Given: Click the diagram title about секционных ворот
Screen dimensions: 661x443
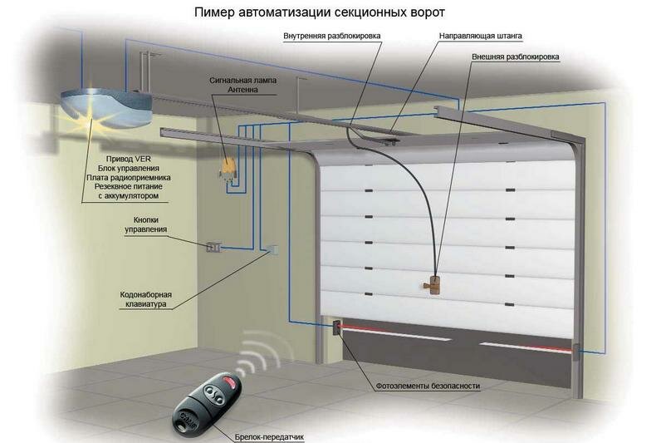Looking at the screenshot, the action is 319,12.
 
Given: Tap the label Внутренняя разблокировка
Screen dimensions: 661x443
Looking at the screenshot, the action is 332,36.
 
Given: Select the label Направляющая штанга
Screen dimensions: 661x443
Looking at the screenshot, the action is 481,36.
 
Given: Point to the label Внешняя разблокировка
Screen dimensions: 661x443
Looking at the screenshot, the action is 516,57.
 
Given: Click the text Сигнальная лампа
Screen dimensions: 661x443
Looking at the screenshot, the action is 242,80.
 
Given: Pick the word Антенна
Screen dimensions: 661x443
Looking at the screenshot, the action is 242,90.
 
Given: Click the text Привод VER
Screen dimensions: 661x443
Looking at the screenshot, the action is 128,159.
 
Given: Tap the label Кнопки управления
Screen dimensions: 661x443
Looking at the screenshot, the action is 146,225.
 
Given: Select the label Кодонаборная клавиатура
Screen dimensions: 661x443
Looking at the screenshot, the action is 146,299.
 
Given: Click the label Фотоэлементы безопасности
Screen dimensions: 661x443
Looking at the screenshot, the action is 428,386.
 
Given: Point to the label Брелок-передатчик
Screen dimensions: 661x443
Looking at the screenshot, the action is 269,437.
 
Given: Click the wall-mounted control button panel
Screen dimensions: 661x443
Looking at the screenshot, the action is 213,247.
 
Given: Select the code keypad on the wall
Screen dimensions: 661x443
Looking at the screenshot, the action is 272,249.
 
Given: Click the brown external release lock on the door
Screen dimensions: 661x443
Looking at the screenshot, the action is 433,284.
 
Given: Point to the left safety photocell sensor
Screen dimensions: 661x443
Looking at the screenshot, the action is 337,327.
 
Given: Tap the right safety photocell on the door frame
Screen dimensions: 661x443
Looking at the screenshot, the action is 575,352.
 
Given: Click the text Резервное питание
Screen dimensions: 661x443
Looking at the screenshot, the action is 128,186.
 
